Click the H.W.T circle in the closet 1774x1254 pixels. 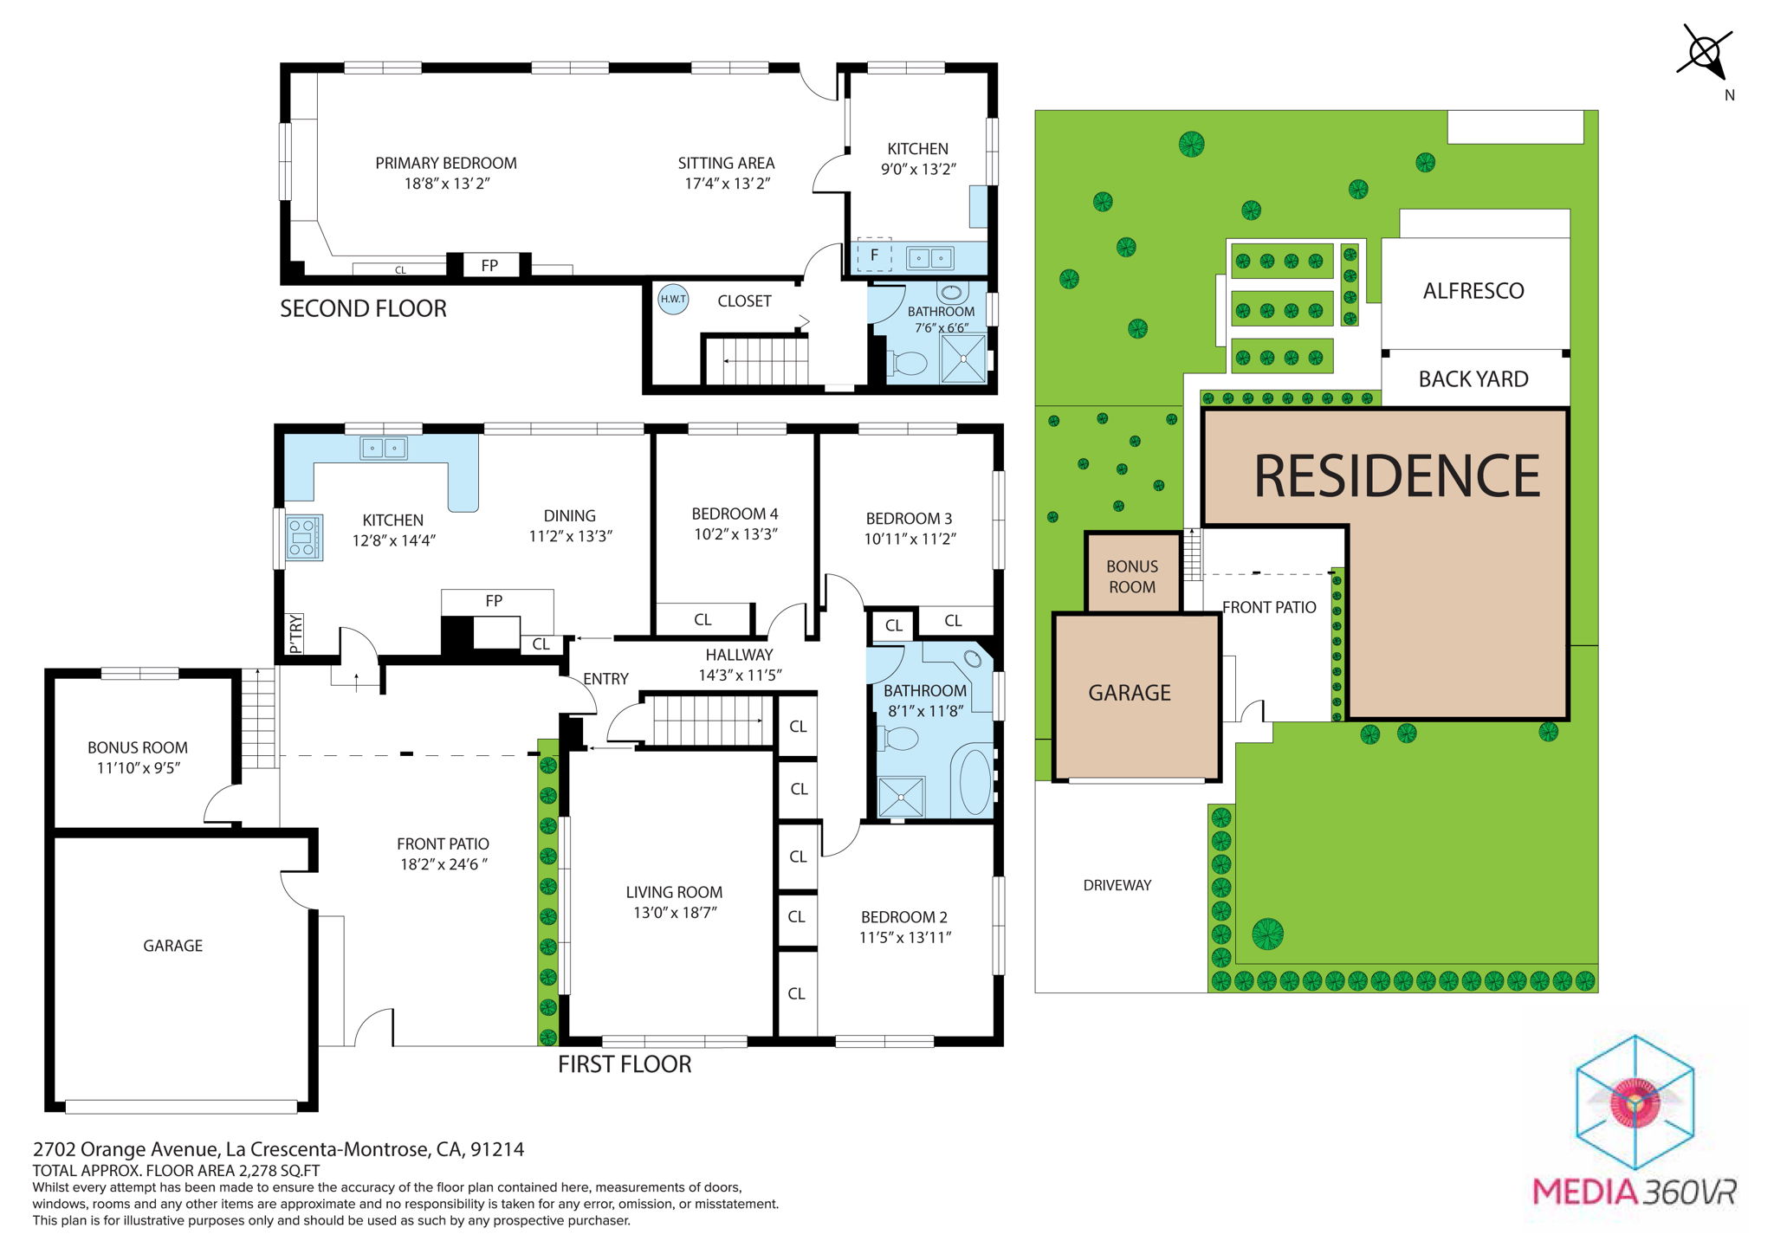[673, 300]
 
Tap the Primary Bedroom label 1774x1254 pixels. [445, 164]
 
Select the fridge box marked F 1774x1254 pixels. [874, 255]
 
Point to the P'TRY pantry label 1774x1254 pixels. [295, 633]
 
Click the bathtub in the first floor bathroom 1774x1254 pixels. [974, 779]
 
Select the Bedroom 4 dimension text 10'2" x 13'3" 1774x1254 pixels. [735, 534]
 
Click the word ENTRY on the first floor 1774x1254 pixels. [605, 679]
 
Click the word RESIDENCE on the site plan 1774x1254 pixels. [1396, 475]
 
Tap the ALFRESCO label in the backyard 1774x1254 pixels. [1473, 291]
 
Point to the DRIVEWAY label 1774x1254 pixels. [1117, 885]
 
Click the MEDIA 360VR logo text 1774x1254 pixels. [1634, 1192]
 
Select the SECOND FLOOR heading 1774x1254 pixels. [363, 308]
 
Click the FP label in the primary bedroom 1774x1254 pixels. [489, 266]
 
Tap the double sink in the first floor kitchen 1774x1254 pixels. [383, 448]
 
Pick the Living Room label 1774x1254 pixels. [674, 892]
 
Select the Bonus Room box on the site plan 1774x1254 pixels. [1132, 576]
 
